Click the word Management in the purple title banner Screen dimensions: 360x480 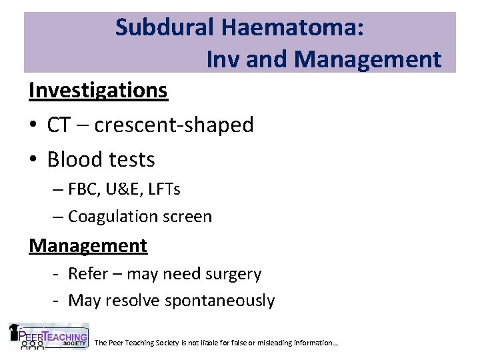tap(369, 59)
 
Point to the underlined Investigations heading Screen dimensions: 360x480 tap(98, 90)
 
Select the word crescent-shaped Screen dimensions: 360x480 tap(174, 125)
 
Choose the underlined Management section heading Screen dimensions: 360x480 tap(88, 245)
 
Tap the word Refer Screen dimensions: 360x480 tap(83, 274)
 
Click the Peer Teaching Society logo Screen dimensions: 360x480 tap(48, 337)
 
